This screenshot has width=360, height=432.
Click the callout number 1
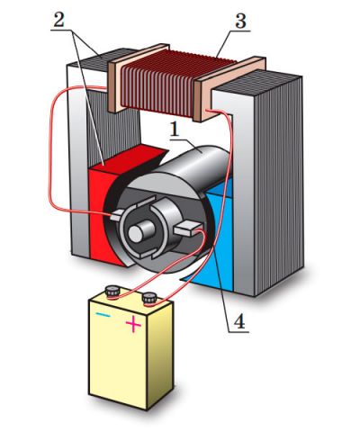click(175, 130)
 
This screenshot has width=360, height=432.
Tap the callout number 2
click(58, 20)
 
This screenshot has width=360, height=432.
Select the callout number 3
click(240, 21)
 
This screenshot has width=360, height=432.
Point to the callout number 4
click(239, 322)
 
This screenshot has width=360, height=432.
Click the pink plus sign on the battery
click(133, 325)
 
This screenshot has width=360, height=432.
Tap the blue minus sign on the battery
click(103, 315)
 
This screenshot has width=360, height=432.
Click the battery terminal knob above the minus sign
click(112, 292)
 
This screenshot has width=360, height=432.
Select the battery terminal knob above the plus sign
click(149, 299)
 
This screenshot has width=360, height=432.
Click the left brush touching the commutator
click(116, 215)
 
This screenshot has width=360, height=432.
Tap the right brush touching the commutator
click(187, 229)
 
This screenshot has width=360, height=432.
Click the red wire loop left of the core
click(49, 150)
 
